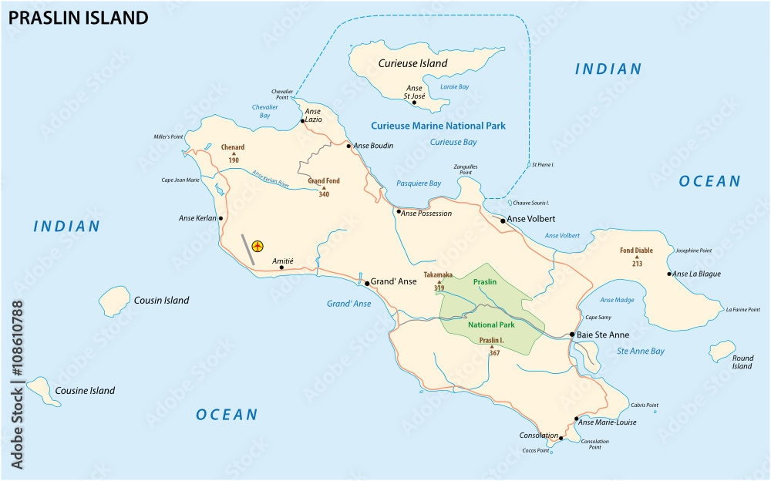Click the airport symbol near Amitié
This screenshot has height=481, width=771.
[258, 247]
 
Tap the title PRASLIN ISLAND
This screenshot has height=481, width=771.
[78, 18]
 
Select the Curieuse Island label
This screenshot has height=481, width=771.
[412, 63]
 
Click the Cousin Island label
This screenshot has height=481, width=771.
[161, 301]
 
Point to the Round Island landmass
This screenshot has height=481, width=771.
[722, 351]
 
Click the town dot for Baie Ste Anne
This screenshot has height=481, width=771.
[571, 335]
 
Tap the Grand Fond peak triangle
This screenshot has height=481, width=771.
[324, 188]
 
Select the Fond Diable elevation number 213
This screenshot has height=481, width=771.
[637, 264]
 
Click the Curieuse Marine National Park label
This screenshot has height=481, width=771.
[439, 126]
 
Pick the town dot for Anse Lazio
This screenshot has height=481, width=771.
[302, 121]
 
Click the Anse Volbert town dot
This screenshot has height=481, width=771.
[503, 220]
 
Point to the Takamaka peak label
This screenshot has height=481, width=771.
[438, 274]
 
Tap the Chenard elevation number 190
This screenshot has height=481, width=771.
[233, 160]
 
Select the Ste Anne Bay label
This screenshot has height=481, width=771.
[641, 351]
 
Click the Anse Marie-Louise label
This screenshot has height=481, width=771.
[608, 422]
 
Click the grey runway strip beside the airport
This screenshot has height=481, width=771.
[247, 250]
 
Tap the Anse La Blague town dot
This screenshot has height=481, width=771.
[669, 274]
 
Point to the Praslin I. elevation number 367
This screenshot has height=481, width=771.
[494, 353]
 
